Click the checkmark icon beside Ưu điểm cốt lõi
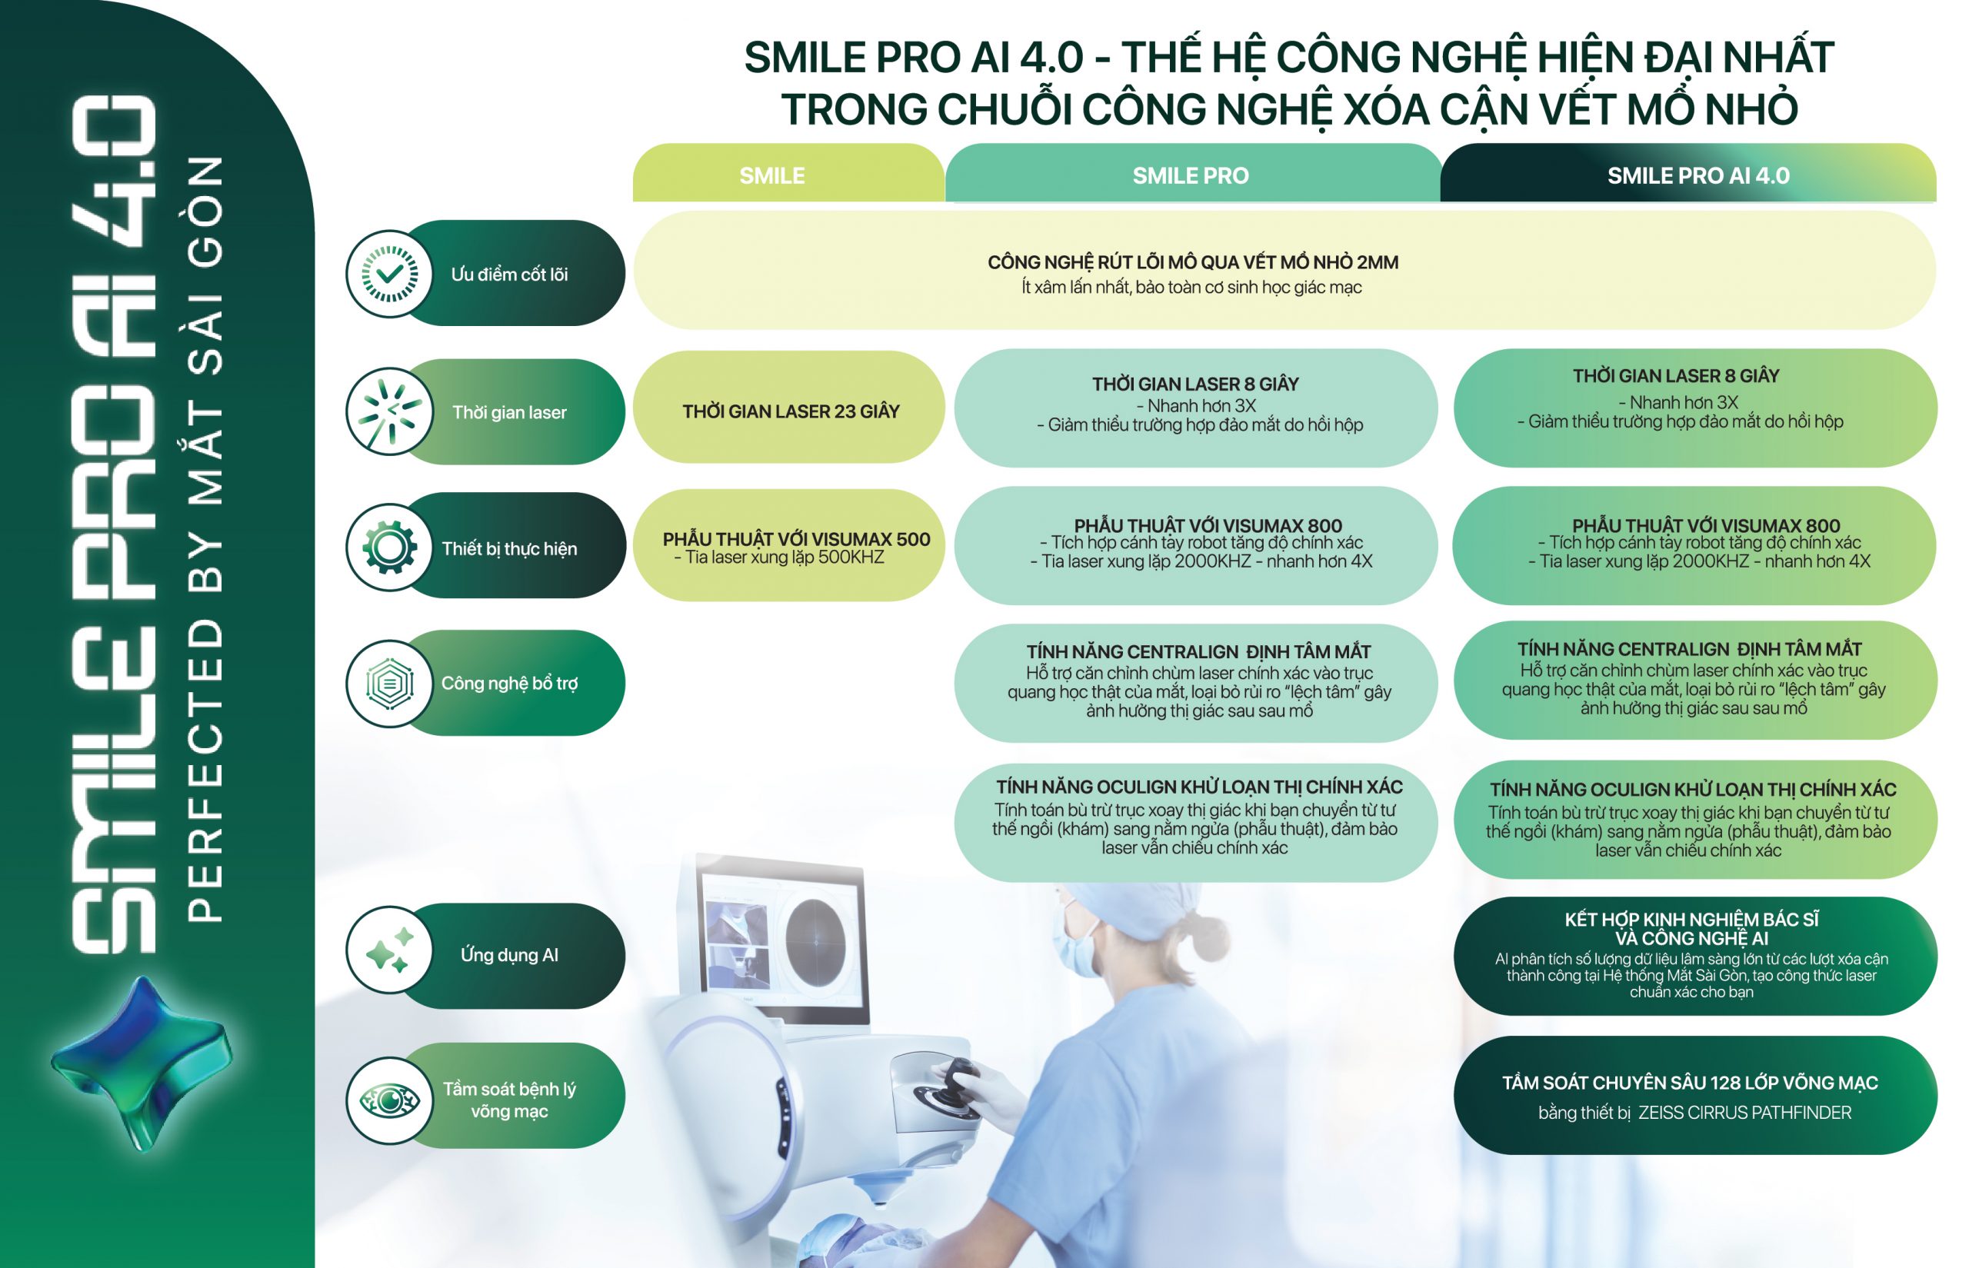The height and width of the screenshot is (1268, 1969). pos(389,273)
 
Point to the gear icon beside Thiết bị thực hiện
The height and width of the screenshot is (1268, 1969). pos(389,547)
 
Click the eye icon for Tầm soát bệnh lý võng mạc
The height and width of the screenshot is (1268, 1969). pos(389,1100)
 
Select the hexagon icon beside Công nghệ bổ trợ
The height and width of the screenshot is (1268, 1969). pos(389,684)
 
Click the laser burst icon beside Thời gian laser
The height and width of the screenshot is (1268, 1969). pos(389,411)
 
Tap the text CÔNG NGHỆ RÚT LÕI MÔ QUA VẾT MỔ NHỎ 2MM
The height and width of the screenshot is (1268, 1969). pos(1192,262)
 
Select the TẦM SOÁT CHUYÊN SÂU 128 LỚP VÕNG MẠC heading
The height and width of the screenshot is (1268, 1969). pos(1689,1083)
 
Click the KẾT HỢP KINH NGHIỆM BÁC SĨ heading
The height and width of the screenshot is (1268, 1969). pos(1691,919)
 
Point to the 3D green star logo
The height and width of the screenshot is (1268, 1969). pos(142,1062)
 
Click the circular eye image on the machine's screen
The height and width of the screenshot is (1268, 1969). pos(815,938)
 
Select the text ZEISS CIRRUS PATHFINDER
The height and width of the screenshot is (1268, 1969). pos(1744,1113)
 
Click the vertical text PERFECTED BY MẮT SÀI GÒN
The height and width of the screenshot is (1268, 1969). pos(205,539)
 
